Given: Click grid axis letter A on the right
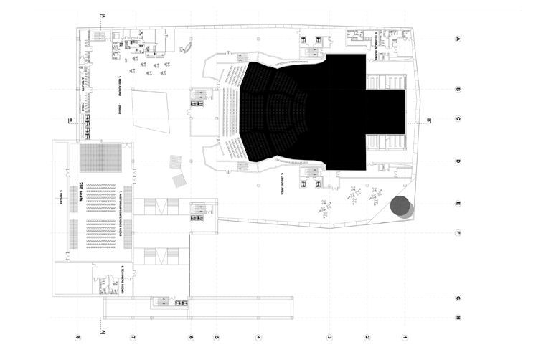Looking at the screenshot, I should click(458, 40).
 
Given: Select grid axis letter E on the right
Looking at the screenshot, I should click(458, 204).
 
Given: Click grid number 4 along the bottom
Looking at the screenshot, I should click(258, 337).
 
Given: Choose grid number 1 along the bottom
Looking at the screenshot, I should click(405, 337).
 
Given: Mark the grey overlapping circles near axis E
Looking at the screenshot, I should click(401, 207).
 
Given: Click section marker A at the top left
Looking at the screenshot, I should click(103, 15).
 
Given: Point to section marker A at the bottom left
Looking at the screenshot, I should click(103, 332).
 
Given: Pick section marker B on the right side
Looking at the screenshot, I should click(429, 120).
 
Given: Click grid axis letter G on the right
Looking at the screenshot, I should click(458, 298).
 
